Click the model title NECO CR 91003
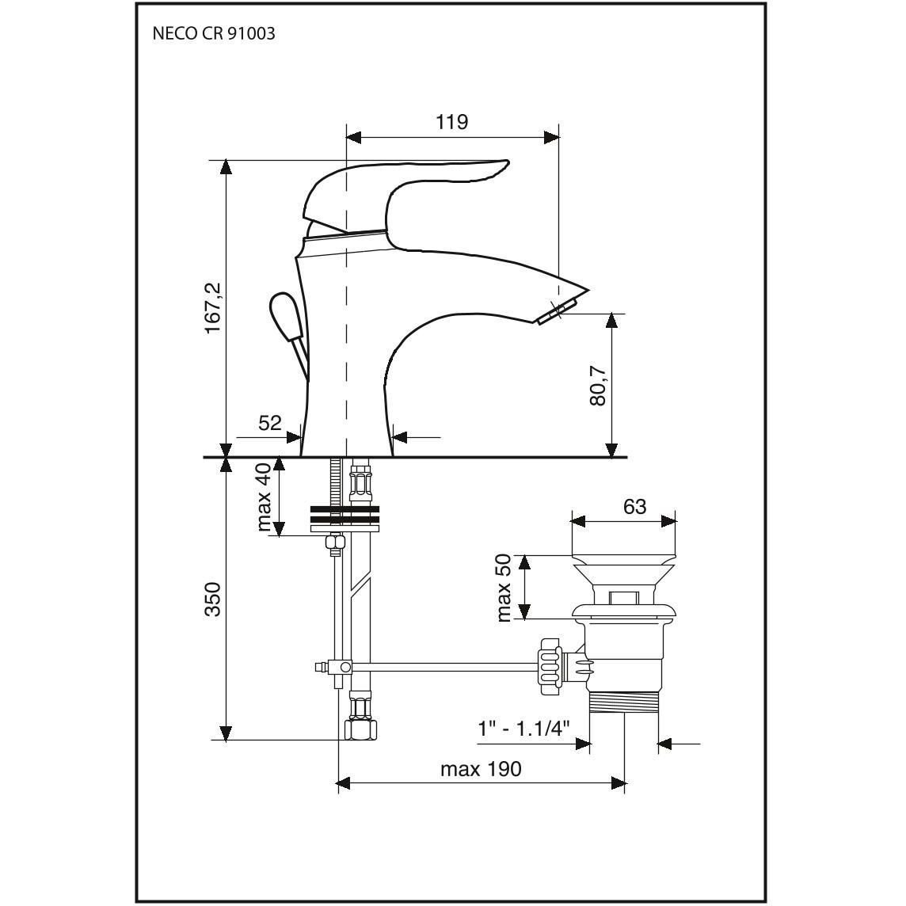[x=214, y=33]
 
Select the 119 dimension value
[x=451, y=122]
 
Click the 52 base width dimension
[x=269, y=423]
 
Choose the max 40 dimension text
[x=265, y=497]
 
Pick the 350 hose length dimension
[x=213, y=600]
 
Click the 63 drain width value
[x=634, y=507]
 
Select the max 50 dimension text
[x=504, y=588]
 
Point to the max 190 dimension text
[x=481, y=769]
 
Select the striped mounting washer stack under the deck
[x=345, y=518]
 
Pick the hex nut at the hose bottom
[x=361, y=730]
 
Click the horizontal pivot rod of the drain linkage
[x=445, y=668]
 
